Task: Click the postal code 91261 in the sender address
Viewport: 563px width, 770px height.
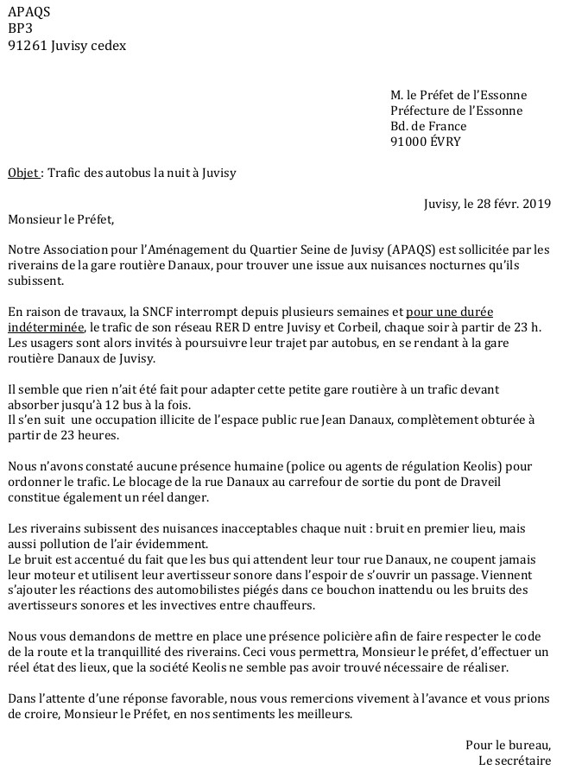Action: (x=27, y=46)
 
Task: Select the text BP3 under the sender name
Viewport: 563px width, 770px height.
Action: (x=21, y=28)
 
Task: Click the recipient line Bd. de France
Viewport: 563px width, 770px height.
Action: (x=428, y=126)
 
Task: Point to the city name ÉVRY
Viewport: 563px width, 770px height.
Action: (x=446, y=142)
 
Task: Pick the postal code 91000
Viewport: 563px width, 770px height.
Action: (x=409, y=142)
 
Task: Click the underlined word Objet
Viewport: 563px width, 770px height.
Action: (x=22, y=173)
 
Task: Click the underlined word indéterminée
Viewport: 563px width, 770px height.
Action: (x=46, y=327)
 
